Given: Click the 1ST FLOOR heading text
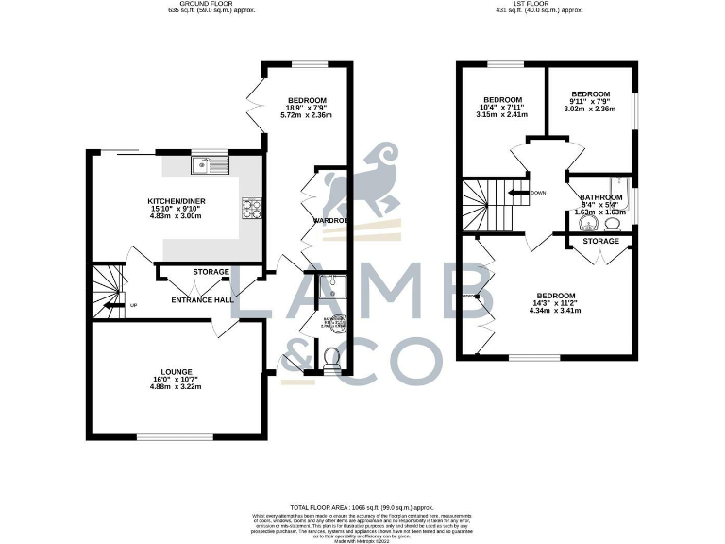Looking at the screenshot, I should click(540, 5).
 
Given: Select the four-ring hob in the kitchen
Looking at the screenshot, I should click(252, 207).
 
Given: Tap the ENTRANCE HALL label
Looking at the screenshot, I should click(202, 300).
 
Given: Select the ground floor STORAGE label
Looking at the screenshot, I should click(211, 272).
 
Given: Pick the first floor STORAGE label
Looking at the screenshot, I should click(600, 242).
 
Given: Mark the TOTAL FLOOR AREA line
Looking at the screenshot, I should click(362, 508).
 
